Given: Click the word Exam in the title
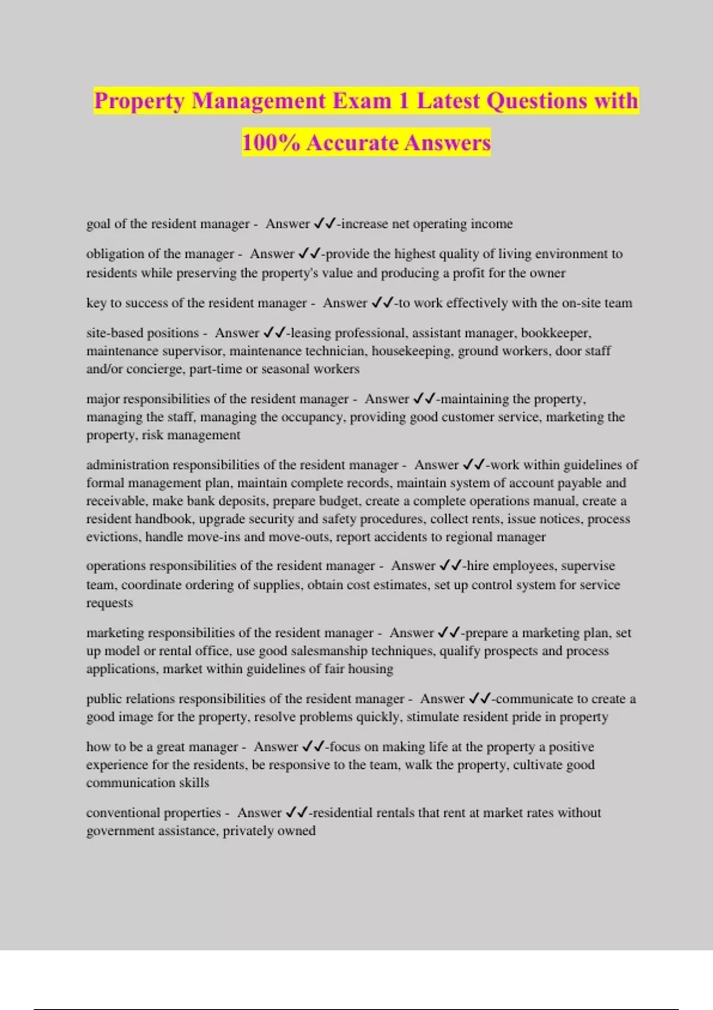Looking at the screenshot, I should click(362, 101).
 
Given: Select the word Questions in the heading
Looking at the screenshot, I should click(537, 101).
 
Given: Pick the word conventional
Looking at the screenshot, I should click(123, 813).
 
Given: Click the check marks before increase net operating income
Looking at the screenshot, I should click(324, 224).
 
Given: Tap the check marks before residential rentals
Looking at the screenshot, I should click(296, 813).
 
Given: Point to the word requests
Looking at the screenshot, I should click(109, 603).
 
